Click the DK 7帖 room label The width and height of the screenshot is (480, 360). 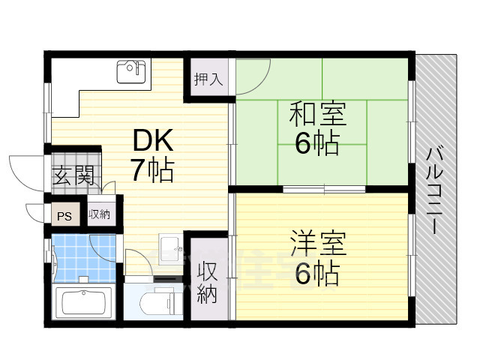(153, 155)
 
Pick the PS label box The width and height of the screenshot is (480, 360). (65, 215)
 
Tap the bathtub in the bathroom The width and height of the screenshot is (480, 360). (84, 303)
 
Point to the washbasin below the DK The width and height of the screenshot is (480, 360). (170, 246)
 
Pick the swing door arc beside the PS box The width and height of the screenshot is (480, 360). (36, 212)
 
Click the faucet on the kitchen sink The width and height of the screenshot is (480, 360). (139, 67)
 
